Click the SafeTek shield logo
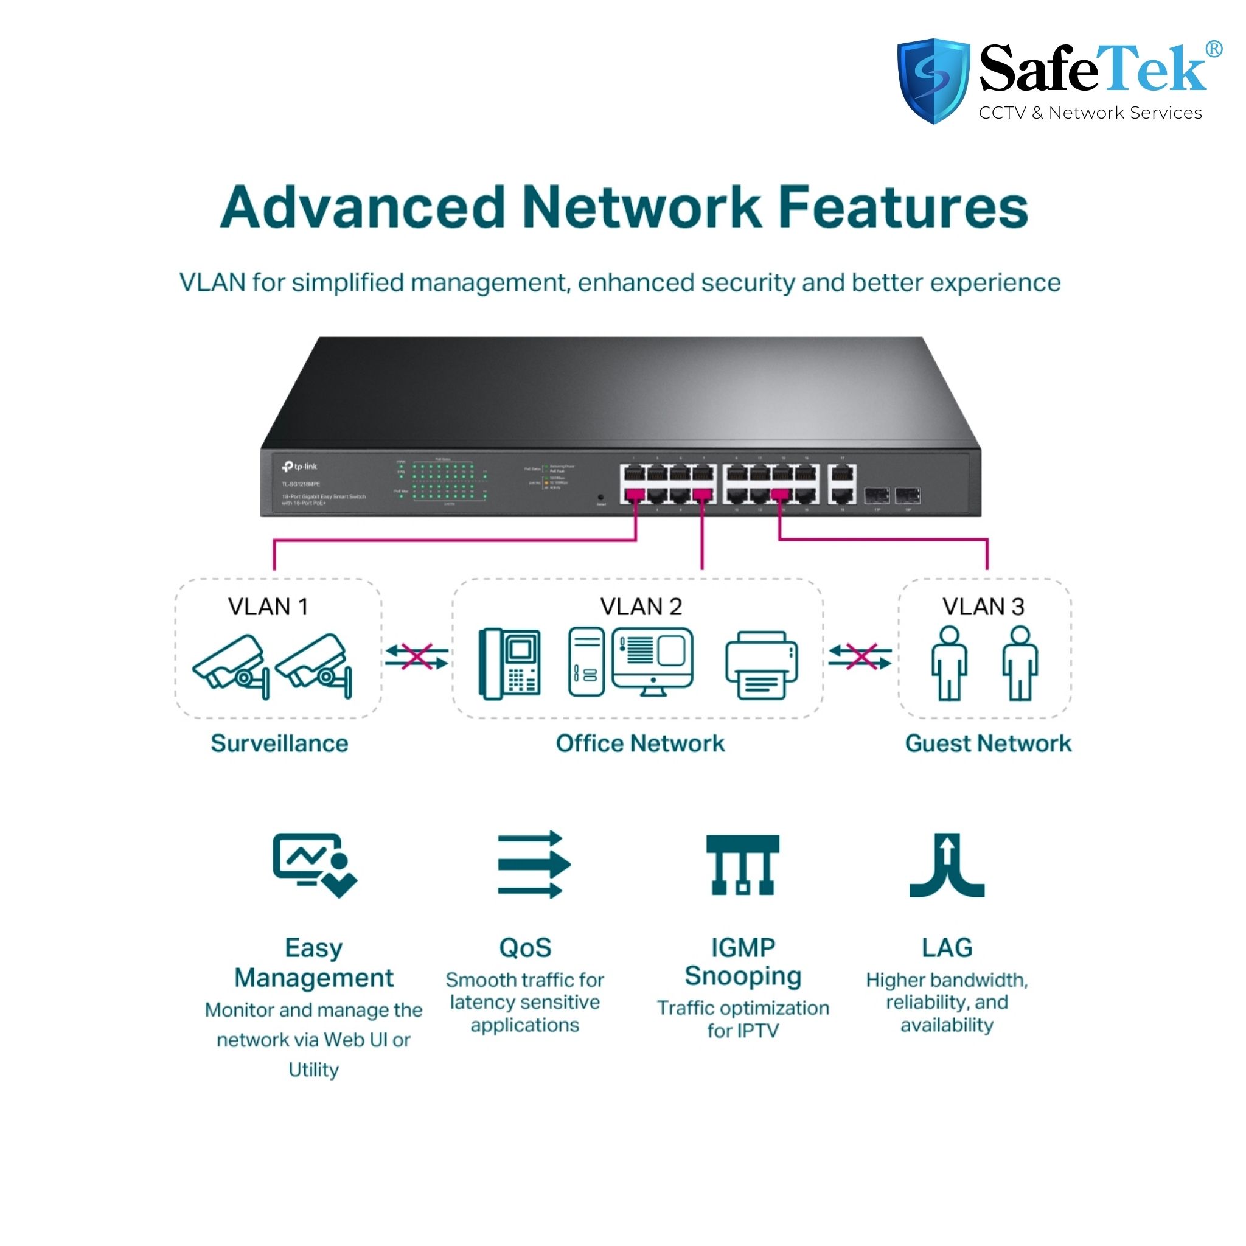click(933, 80)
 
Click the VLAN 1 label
click(268, 607)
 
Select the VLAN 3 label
click(983, 607)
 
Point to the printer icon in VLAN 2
click(761, 665)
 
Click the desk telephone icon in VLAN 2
click(509, 664)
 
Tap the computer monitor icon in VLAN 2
click(653, 661)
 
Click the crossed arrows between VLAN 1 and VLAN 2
click(417, 657)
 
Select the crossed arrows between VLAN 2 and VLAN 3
click(860, 657)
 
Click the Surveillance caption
click(279, 743)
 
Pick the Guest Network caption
click(988, 743)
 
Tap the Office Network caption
click(640, 743)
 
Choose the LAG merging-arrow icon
click(947, 865)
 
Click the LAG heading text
click(947, 948)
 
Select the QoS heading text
click(525, 948)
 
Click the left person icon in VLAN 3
click(948, 664)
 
